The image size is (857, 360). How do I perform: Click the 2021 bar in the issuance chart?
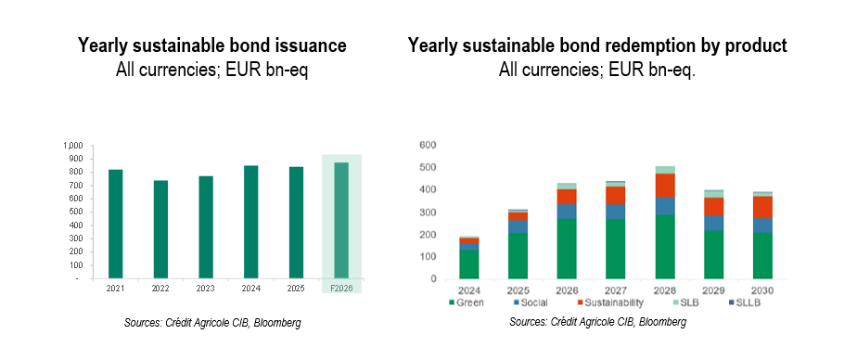[x=115, y=224]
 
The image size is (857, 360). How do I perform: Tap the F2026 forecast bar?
[x=341, y=221]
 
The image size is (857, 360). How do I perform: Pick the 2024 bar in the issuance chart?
[x=250, y=222]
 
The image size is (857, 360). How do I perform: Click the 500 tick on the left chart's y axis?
[x=74, y=212]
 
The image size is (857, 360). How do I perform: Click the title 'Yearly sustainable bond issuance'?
[x=211, y=45]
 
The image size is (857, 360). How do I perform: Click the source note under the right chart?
[x=597, y=322]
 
